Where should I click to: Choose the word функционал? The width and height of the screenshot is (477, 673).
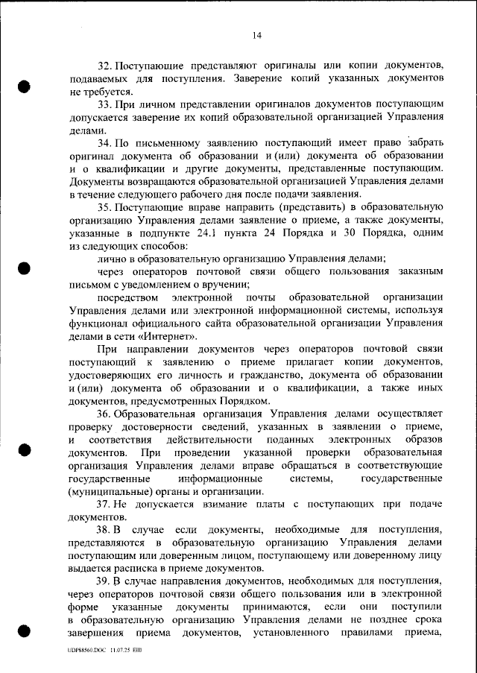(99, 323)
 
